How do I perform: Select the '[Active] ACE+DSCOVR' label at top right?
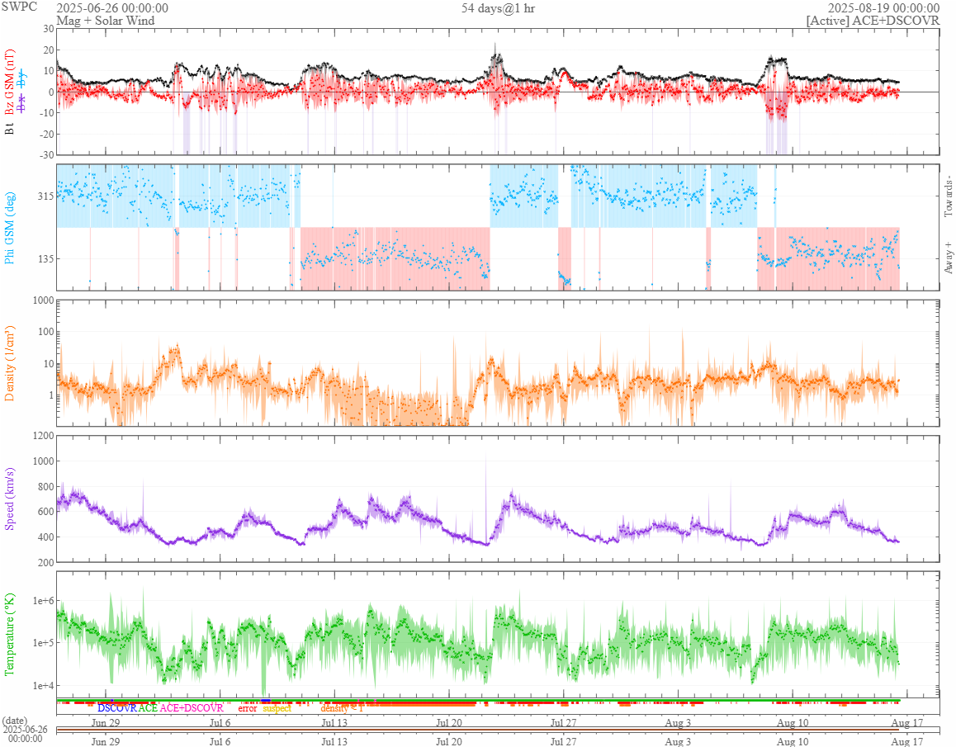point(873,21)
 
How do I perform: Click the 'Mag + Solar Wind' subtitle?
point(105,21)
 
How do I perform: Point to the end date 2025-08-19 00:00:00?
point(883,8)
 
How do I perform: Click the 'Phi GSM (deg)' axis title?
point(11,228)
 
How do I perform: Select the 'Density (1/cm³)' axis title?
point(11,362)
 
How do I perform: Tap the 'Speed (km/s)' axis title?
point(11,498)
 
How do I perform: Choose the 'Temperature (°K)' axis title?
point(11,633)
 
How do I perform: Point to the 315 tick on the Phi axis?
point(43,196)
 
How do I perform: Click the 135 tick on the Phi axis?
point(43,258)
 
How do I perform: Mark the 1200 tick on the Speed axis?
point(41,435)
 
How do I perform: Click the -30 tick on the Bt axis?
point(45,154)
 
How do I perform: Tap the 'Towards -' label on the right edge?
point(948,196)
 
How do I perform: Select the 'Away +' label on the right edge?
point(948,258)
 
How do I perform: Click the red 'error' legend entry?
point(248,708)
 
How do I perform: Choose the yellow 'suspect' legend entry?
point(277,708)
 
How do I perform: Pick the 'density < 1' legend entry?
point(342,708)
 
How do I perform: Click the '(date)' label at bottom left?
point(16,721)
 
